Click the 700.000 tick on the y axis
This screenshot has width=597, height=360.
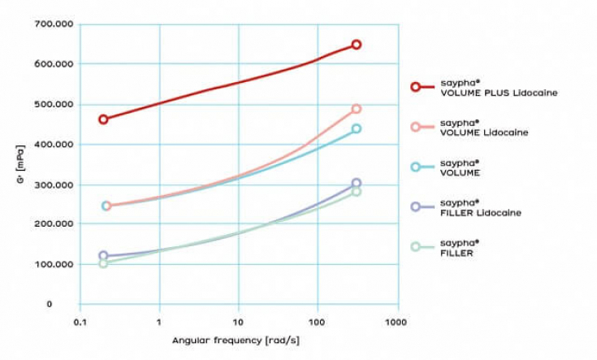(54, 24)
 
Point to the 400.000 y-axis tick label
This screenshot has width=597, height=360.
(54, 144)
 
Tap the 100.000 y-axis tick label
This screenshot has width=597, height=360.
(54, 264)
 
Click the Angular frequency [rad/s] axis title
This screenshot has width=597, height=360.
(236, 340)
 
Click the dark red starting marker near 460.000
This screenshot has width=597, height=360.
(103, 119)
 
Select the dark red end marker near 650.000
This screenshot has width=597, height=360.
(356, 45)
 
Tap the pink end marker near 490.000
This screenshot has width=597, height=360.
(356, 109)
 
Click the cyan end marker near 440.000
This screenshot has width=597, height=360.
(356, 128)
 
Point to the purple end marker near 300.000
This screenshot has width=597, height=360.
(356, 184)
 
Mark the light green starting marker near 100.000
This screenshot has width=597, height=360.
(103, 262)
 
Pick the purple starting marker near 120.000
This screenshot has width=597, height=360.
(103, 255)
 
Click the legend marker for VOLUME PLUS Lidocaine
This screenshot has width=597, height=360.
(415, 87)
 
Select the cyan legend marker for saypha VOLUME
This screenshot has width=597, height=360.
(415, 167)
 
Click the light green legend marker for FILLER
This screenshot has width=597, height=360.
(415, 247)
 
